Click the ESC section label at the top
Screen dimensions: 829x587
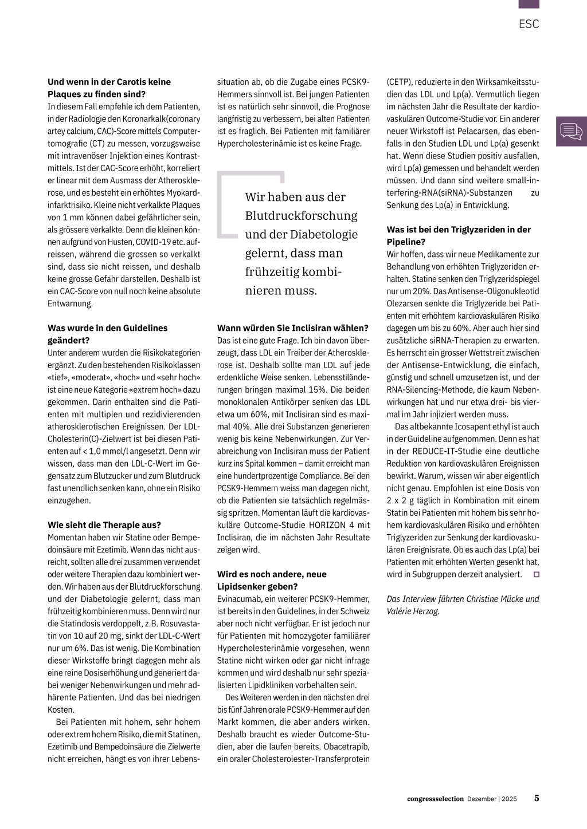[x=529, y=24]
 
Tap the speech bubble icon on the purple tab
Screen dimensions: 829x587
[x=571, y=131]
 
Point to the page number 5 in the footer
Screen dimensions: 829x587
[x=537, y=798]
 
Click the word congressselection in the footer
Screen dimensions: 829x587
[x=435, y=799]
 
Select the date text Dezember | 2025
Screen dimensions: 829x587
[x=492, y=799]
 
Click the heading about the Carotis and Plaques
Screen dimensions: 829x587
[x=109, y=88]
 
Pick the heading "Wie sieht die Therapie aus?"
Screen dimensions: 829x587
[x=104, y=524]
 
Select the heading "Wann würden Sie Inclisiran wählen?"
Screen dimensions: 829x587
[x=292, y=328]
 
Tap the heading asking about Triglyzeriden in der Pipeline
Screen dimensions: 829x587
[x=459, y=235]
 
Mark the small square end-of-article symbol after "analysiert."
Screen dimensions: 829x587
[x=537, y=574]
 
